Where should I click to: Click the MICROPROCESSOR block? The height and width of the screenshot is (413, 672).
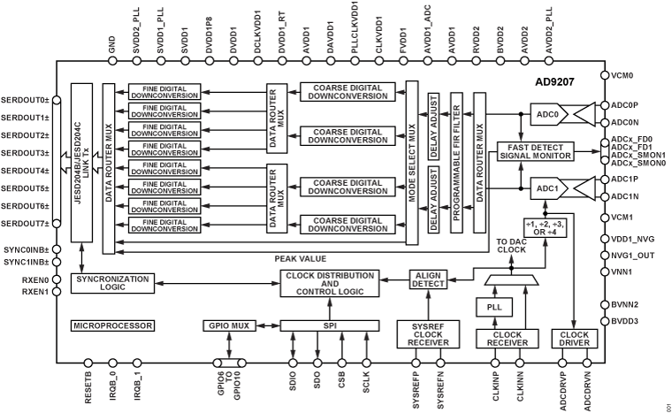click(112, 325)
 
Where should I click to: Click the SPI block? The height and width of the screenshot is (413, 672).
click(331, 325)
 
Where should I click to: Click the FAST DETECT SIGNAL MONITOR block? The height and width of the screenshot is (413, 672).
click(535, 150)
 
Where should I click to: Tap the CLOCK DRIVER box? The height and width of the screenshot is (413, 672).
click(574, 338)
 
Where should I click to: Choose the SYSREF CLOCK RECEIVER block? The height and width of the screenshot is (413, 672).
click(427, 337)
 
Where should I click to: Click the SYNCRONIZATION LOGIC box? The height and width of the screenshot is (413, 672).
click(112, 284)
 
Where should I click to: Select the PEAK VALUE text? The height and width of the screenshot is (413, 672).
click(300, 258)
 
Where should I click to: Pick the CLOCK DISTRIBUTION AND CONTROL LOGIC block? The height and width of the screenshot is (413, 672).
click(331, 284)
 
